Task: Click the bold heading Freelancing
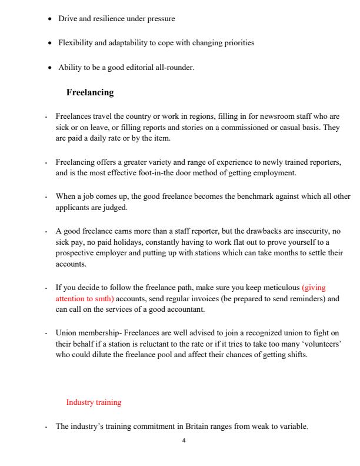tap(90, 92)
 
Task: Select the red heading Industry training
tap(94, 402)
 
